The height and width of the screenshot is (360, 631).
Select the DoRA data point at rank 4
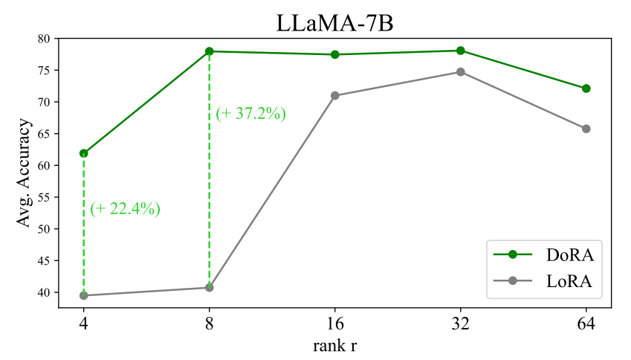[x=84, y=153]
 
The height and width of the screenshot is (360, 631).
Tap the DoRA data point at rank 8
[x=210, y=51]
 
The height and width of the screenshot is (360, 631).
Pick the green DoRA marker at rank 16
[x=335, y=54]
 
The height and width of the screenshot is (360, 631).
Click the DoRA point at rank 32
[x=461, y=51]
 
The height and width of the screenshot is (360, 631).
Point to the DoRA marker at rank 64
[x=586, y=89]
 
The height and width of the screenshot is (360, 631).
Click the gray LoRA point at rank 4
[x=84, y=295]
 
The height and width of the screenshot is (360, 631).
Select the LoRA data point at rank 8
[x=210, y=287]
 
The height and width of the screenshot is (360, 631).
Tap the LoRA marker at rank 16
[x=335, y=95]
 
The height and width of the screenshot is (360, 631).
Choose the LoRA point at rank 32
[x=461, y=72]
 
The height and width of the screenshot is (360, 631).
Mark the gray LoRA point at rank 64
[x=586, y=129]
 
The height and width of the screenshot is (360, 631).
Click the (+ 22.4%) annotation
[x=126, y=209]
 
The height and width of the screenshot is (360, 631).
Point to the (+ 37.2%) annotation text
[x=251, y=114]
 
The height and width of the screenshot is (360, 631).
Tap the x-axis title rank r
[x=335, y=345]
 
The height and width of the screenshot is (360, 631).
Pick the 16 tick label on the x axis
[x=335, y=324]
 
